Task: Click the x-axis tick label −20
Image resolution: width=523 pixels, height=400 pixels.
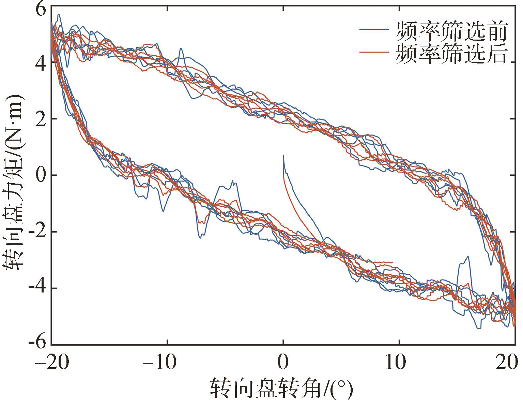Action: [52, 362]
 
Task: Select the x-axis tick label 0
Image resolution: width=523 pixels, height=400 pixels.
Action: [283, 362]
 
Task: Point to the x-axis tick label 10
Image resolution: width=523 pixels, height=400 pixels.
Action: [399, 362]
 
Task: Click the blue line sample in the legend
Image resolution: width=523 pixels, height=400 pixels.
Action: [374, 30]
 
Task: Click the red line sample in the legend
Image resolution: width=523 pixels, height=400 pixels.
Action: [374, 52]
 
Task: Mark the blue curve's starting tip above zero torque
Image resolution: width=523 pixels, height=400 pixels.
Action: [283, 156]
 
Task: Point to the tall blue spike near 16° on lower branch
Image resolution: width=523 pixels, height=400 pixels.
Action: [468, 257]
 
